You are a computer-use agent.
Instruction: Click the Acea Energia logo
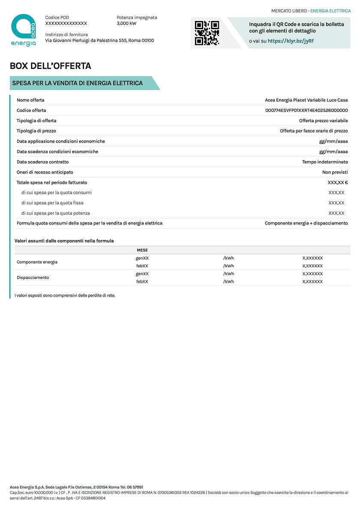click(x=24, y=30)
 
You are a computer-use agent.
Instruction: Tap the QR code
click(x=207, y=33)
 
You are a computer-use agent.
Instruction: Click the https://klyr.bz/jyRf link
click(x=291, y=41)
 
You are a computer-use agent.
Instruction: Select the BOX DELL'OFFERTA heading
click(x=51, y=66)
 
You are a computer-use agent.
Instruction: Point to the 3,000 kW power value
click(x=126, y=24)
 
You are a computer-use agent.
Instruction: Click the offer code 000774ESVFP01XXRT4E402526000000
click(x=306, y=111)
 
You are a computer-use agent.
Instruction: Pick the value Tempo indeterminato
click(x=325, y=162)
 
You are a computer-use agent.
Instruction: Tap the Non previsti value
click(x=335, y=172)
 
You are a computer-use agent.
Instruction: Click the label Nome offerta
click(x=30, y=100)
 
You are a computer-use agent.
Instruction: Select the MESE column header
click(x=142, y=250)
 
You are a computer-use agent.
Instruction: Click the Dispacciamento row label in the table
click(x=33, y=278)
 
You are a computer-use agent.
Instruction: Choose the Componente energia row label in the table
click(x=37, y=262)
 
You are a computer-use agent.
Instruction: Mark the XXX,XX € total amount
click(x=337, y=183)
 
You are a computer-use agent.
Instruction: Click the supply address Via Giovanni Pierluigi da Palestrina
click(x=99, y=41)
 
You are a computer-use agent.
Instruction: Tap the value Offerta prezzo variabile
click(x=323, y=121)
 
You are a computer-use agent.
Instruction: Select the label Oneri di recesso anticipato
click(x=45, y=172)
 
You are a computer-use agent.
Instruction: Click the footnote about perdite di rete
click(x=65, y=296)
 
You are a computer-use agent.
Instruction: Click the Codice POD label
click(x=58, y=18)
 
